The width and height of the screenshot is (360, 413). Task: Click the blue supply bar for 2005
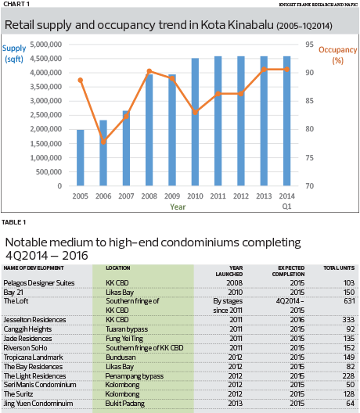(81, 157)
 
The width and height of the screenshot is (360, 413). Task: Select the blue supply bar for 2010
(195, 122)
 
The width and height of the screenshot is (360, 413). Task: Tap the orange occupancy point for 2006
(103, 142)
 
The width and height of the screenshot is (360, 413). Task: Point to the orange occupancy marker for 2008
(149, 71)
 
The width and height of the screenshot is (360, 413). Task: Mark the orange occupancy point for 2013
(264, 70)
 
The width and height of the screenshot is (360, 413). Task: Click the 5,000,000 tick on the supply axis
(46, 45)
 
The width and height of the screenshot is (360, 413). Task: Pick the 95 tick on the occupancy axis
(309, 45)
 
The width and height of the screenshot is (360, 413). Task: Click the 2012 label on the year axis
(241, 196)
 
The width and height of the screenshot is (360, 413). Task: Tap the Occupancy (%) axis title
(337, 55)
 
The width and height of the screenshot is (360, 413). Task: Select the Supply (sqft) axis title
(14, 53)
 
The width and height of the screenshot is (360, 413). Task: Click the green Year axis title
(178, 206)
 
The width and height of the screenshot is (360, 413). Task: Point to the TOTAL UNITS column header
(339, 268)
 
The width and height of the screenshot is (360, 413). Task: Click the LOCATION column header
(118, 268)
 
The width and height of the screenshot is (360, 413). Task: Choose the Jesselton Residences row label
(34, 319)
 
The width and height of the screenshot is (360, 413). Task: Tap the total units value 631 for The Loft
(349, 301)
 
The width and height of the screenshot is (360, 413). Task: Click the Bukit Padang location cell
(125, 404)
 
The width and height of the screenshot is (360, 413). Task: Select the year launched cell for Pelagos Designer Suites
(235, 282)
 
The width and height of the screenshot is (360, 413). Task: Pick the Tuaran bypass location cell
(127, 329)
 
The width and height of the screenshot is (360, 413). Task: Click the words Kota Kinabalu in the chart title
(237, 25)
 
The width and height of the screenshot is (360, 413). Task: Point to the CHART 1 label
(16, 4)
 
